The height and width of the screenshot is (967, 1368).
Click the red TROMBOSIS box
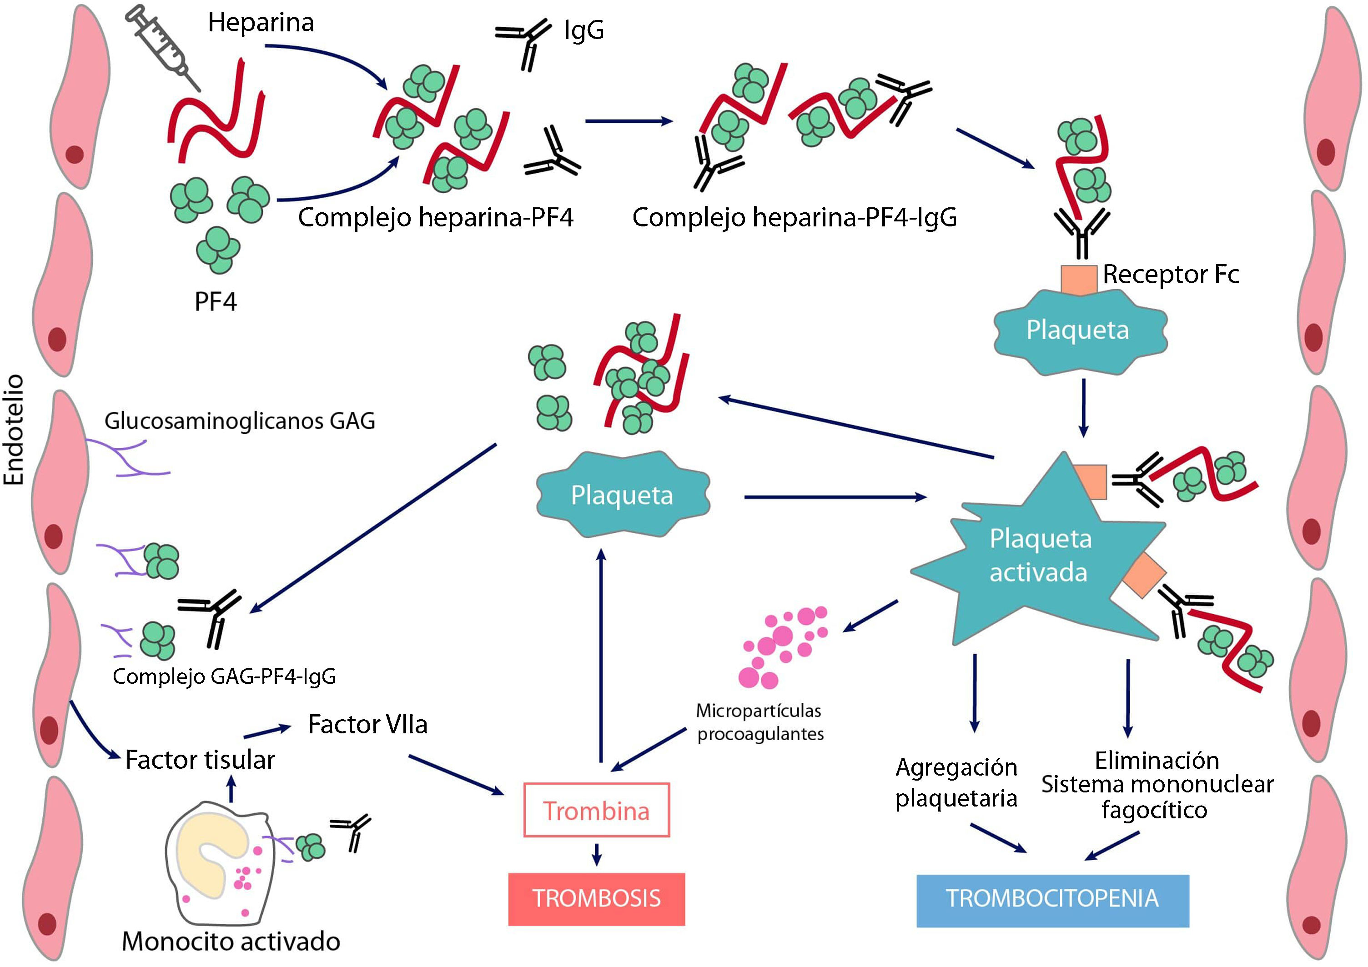596,898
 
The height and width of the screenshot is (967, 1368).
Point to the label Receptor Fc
1171,275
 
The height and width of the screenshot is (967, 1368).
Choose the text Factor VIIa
367,725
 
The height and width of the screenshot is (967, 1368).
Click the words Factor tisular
200,761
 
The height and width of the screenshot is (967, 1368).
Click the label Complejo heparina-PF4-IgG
794,217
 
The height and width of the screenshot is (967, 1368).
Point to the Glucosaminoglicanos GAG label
240,421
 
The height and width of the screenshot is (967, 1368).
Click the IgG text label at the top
584,30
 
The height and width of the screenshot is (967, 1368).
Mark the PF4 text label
216,302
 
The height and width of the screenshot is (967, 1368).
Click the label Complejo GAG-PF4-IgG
224,676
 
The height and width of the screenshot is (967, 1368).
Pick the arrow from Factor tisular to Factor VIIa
267,731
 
